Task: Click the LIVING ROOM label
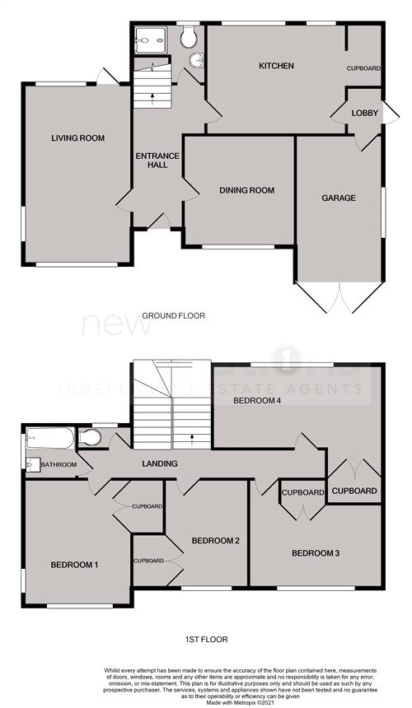77,138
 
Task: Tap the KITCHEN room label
276,66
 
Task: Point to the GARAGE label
339,198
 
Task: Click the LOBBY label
363,113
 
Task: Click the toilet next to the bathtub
91,436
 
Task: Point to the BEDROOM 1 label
75,565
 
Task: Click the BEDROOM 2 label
215,541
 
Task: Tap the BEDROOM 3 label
316,553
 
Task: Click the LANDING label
159,463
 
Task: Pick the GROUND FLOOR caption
173,315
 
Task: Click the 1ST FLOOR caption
207,639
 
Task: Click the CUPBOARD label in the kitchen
363,68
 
